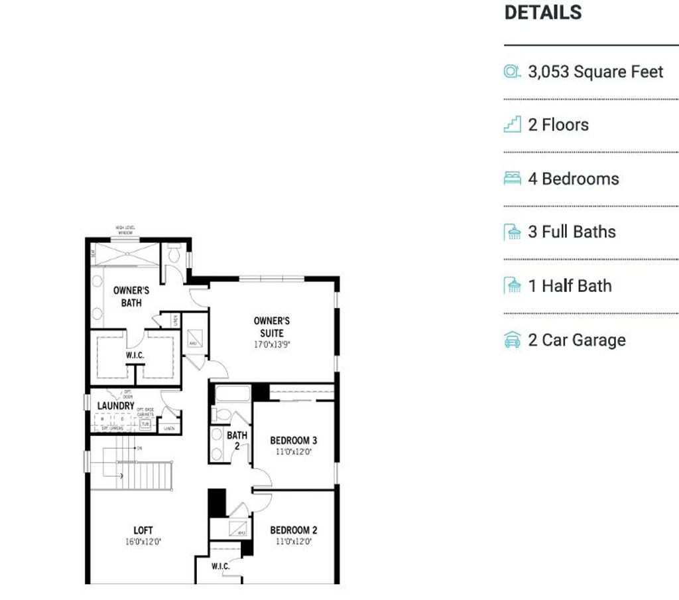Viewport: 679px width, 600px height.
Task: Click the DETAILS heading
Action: point(543,13)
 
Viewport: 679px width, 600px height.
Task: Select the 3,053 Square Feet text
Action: point(595,72)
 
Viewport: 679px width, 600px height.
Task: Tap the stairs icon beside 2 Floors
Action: point(512,125)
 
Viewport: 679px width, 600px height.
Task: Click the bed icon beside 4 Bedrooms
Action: point(512,179)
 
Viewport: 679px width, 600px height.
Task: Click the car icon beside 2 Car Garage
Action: point(512,340)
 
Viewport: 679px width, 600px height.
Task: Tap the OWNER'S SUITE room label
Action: point(271,327)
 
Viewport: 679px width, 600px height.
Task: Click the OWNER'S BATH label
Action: point(131,297)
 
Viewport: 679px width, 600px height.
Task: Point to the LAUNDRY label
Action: point(116,406)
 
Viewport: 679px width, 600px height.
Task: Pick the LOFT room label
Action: point(143,530)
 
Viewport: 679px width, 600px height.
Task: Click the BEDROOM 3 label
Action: point(293,440)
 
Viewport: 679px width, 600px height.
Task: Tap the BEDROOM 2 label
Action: point(293,530)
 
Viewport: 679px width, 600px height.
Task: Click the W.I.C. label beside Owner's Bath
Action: point(135,356)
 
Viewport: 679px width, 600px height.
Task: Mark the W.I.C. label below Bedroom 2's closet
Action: point(221,566)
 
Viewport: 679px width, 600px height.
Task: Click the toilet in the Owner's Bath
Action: point(175,254)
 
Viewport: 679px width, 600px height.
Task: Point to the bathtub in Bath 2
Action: point(232,394)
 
